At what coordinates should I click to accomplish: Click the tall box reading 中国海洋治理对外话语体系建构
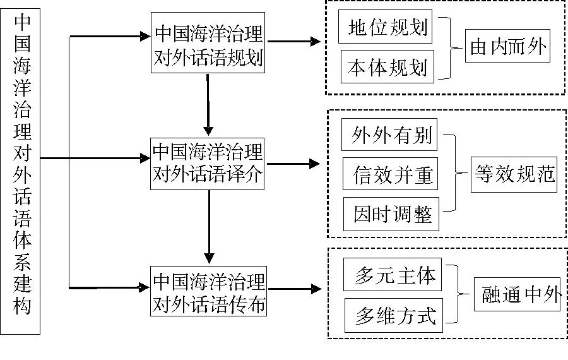(x=23, y=171)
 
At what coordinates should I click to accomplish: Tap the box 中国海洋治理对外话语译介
(x=209, y=163)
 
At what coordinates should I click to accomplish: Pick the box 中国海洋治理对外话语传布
(x=209, y=291)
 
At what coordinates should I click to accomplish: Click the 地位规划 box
(x=386, y=28)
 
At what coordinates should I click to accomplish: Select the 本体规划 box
(x=387, y=67)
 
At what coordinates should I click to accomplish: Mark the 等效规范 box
(x=514, y=174)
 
